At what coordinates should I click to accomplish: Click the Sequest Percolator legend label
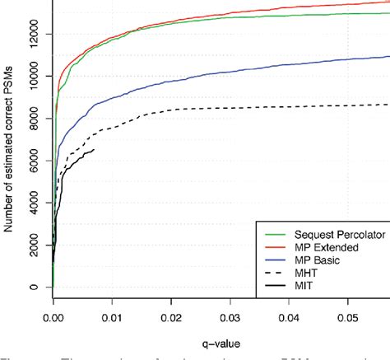coord(330,231)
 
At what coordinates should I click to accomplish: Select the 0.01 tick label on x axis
coord(112,315)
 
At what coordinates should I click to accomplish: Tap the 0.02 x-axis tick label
coord(170,315)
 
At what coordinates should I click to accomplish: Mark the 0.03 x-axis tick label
coord(230,315)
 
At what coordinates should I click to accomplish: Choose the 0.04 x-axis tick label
coord(288,315)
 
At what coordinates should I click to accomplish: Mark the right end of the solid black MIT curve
coord(94,149)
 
